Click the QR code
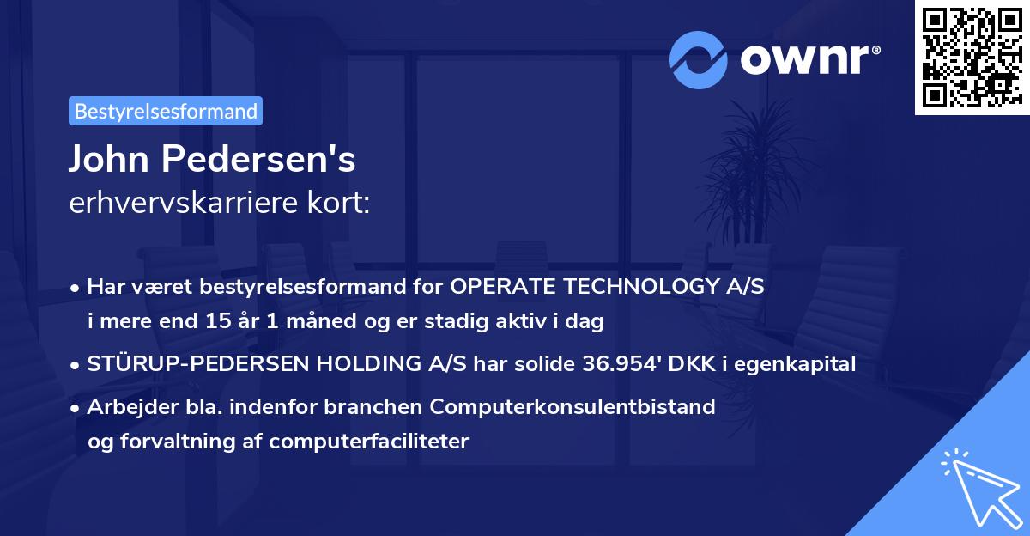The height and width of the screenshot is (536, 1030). (972, 58)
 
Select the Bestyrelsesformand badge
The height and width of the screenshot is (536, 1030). (166, 111)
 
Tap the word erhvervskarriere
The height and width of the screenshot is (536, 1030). (168, 204)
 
